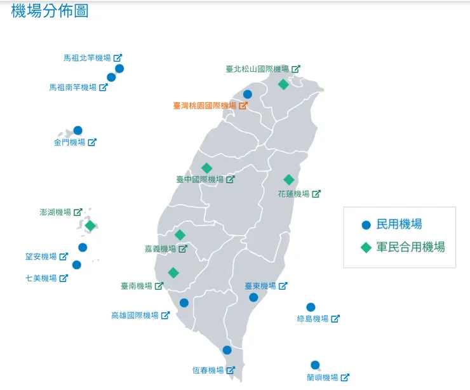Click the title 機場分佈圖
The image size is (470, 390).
pos(50,11)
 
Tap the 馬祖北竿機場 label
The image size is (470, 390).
pos(87,58)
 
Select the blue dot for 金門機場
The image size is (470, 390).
pos(77,130)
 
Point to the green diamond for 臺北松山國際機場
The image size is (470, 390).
pos(283,84)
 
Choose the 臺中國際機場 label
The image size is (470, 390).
pos(200,180)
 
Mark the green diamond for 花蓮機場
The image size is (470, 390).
pos(289,180)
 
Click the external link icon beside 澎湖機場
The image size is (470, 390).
pos(78,212)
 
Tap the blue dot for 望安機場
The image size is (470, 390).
pos(83,248)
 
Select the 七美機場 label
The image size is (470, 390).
pos(41,278)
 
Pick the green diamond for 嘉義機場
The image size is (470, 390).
pos(180,235)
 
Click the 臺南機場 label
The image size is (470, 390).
pos(137,286)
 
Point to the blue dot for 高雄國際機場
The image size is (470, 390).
pos(184,303)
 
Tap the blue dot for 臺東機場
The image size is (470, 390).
pos(253,297)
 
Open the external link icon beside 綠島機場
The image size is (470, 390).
pos(335,319)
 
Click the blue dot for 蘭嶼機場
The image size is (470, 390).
pos(315,365)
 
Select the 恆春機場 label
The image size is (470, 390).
pos(208,370)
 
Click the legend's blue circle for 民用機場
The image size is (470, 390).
pos(366,225)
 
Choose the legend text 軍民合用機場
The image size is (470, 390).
pos(411,247)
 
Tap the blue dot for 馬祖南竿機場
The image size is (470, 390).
pos(111,77)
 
